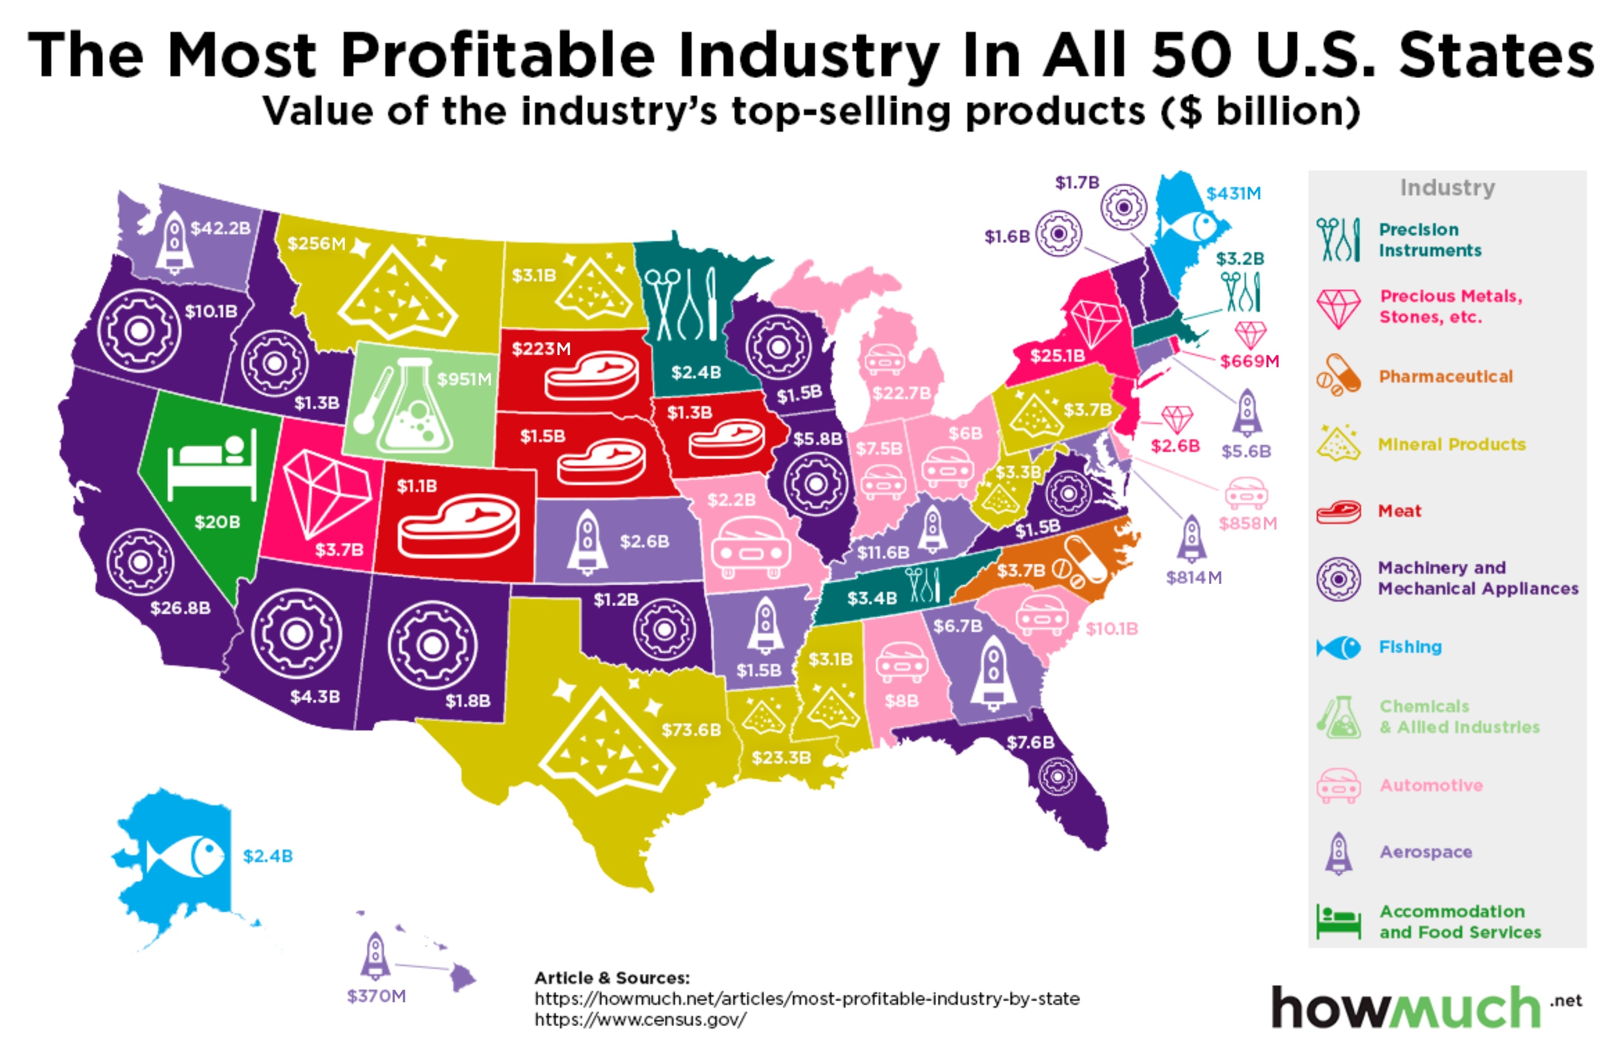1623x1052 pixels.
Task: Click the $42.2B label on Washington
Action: (220, 228)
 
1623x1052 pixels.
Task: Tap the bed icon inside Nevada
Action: (212, 463)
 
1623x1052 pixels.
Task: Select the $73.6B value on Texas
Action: (691, 729)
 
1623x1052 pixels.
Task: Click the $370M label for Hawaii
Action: (376, 996)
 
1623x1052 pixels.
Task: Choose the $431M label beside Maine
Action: (1233, 194)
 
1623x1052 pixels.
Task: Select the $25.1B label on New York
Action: (1057, 355)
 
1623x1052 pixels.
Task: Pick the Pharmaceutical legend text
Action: (1445, 376)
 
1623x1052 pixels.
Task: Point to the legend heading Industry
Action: (1447, 188)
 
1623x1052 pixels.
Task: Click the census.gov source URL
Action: (641, 1019)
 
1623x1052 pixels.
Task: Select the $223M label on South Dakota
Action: (541, 349)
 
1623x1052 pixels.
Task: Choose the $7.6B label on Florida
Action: (1030, 742)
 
